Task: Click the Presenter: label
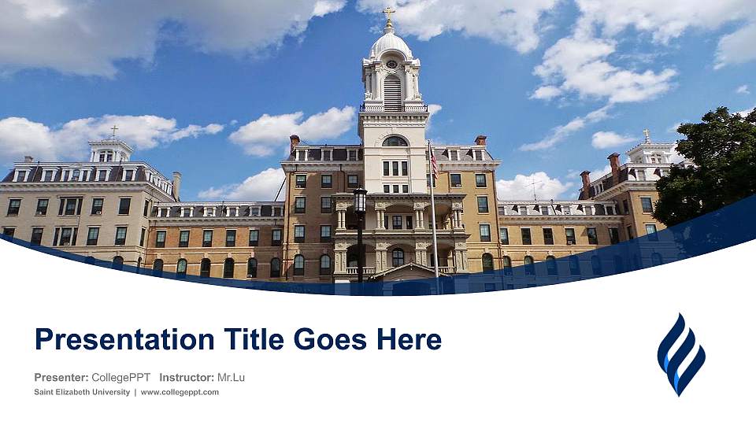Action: click(x=61, y=378)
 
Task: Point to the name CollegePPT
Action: click(x=121, y=378)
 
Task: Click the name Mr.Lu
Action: click(x=231, y=378)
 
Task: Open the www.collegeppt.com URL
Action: click(x=180, y=392)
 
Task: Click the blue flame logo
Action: click(x=681, y=354)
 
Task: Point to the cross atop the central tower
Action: click(x=388, y=13)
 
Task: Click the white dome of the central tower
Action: click(x=391, y=45)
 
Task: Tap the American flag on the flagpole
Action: click(x=433, y=164)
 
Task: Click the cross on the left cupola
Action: click(x=113, y=131)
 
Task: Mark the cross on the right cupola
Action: click(x=647, y=135)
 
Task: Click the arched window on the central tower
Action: click(x=395, y=142)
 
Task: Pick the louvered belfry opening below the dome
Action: click(x=392, y=91)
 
